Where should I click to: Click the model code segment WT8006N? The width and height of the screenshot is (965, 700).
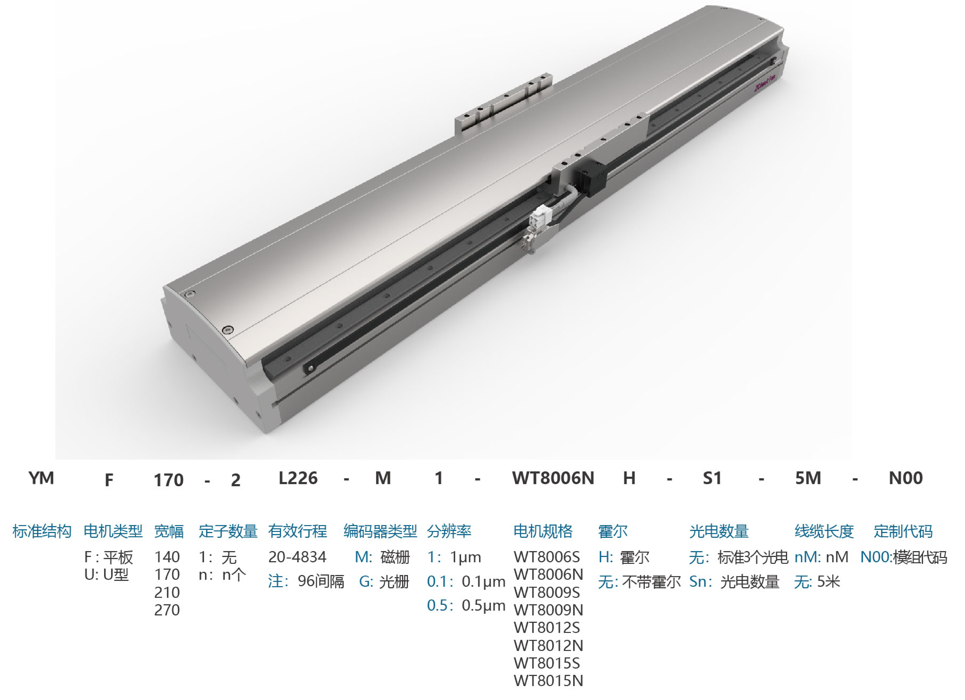coord(553,478)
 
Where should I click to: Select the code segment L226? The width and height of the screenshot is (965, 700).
coord(298,478)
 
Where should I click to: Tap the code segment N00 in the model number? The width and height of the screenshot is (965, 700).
coord(905,478)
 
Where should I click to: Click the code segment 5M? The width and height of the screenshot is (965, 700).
coord(808,478)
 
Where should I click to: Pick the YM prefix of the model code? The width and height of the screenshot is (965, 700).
coord(41,478)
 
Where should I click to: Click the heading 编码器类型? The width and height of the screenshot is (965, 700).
coord(380,531)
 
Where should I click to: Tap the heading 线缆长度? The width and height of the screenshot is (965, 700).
coord(824,531)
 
